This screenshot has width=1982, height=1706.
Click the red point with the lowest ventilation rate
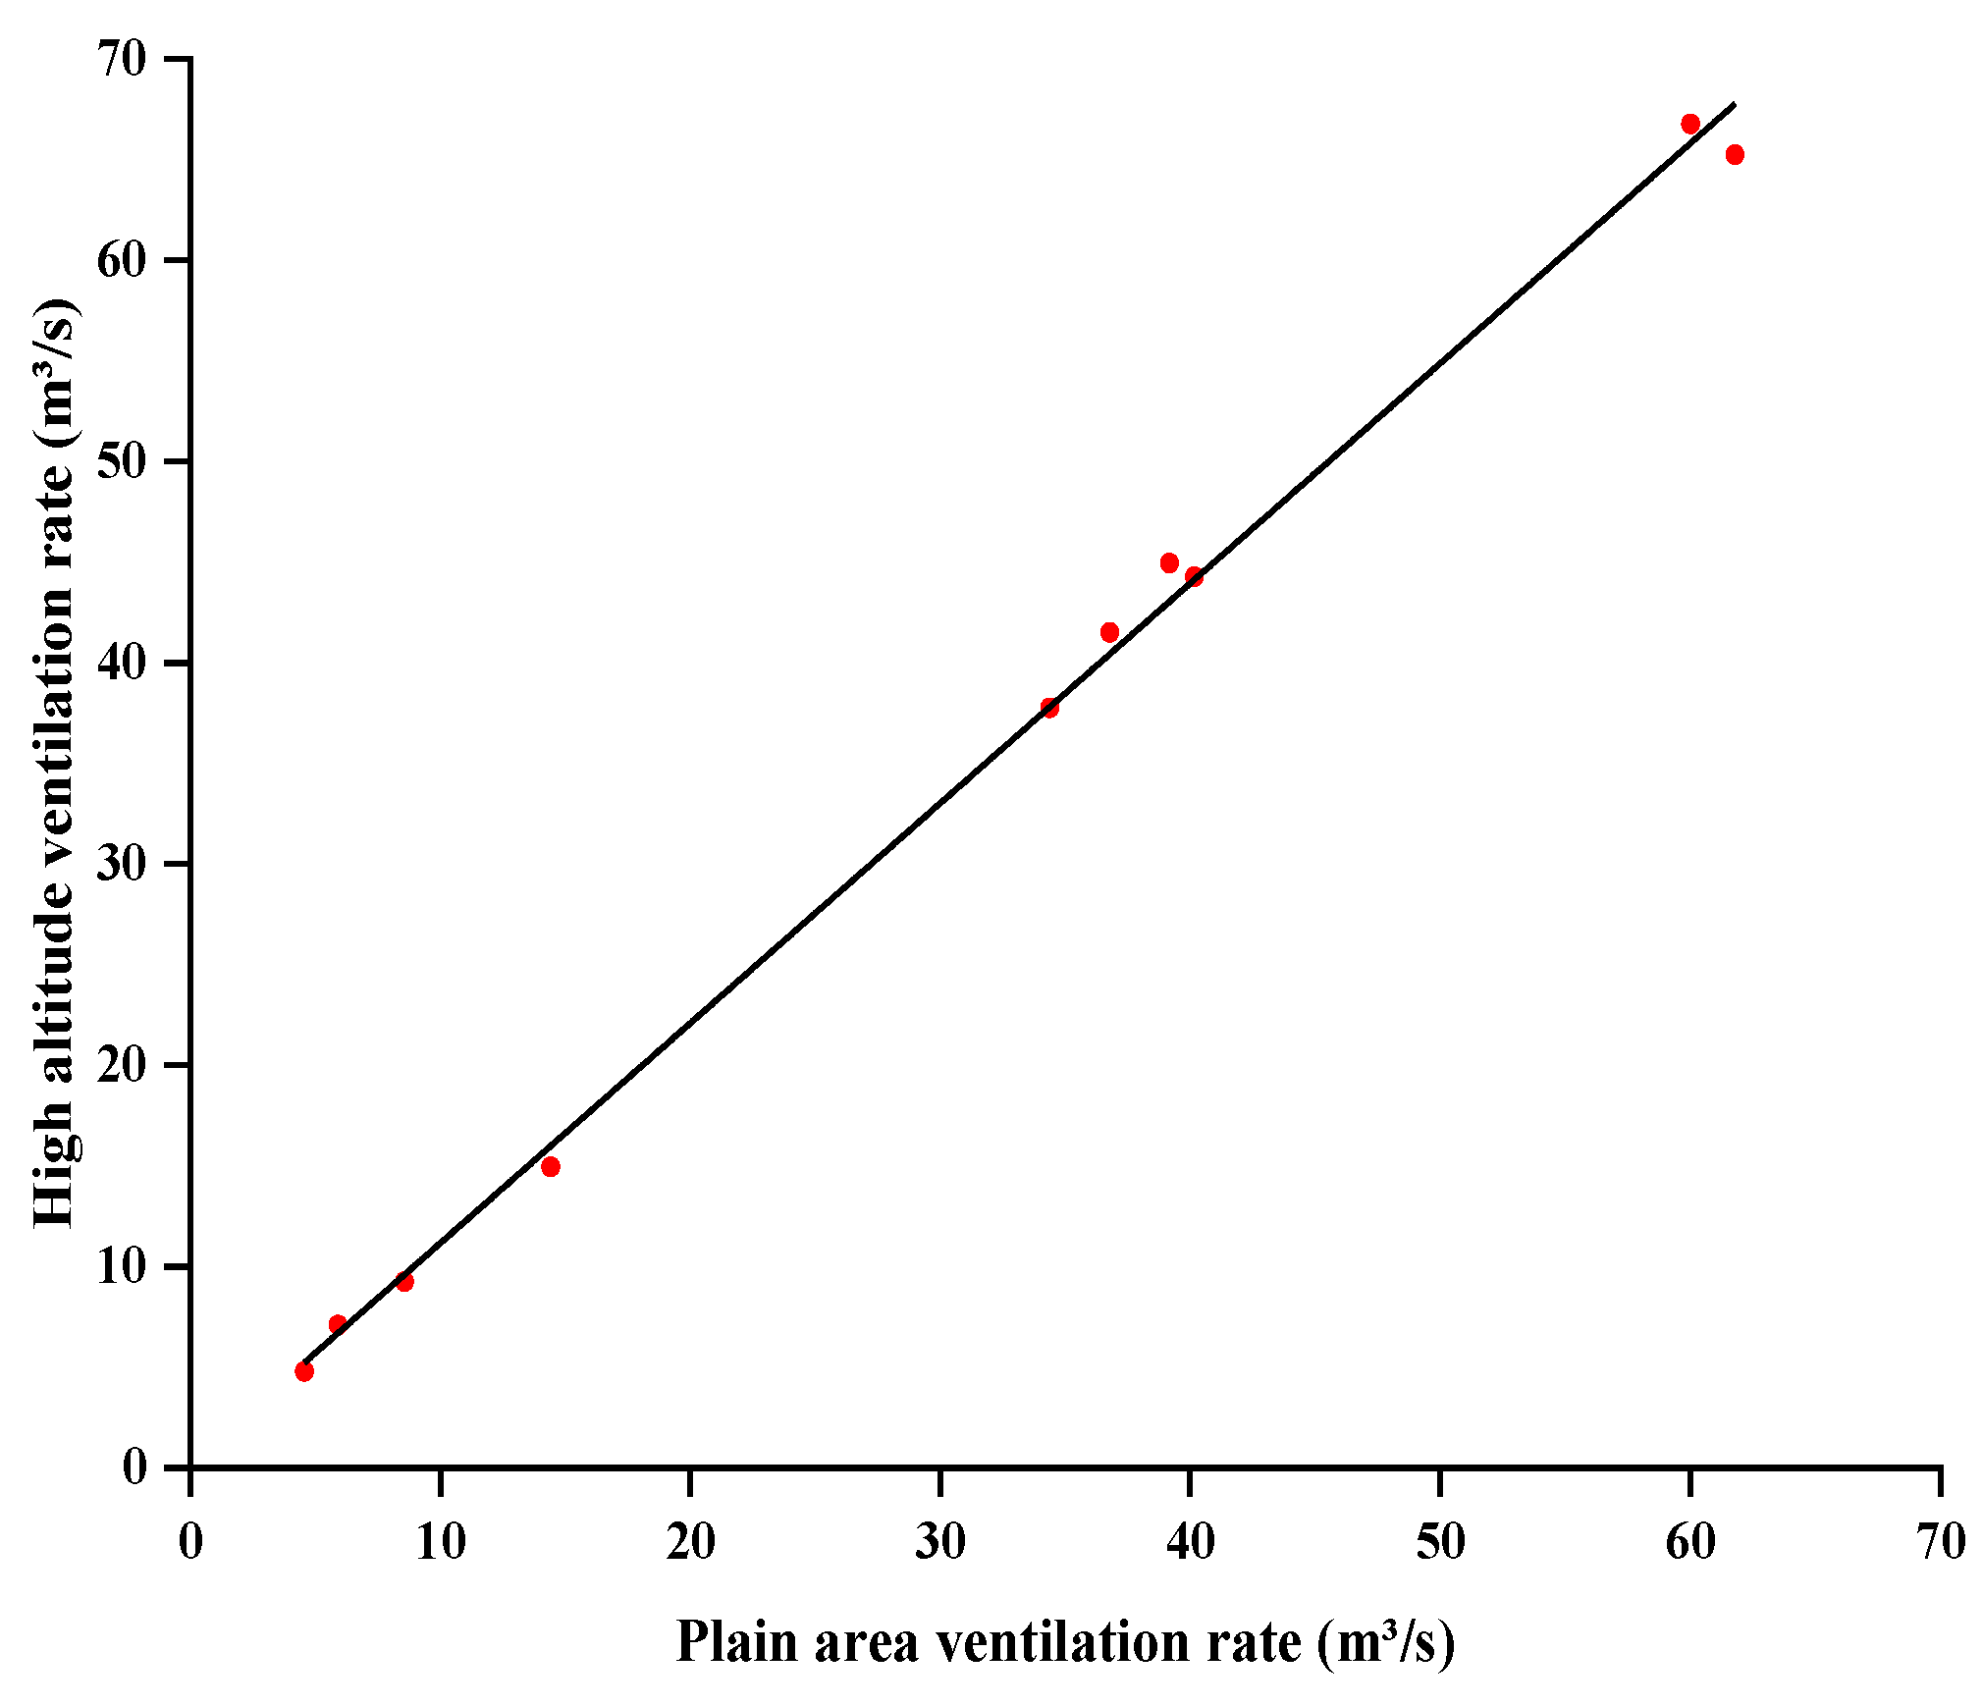pyautogui.click(x=304, y=1371)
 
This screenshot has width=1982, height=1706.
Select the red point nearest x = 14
pyautogui.click(x=551, y=1166)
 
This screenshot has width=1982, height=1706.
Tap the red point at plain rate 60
pyautogui.click(x=1690, y=124)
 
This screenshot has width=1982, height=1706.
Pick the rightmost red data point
pyautogui.click(x=1735, y=154)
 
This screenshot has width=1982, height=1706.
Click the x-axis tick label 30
pyautogui.click(x=939, y=1542)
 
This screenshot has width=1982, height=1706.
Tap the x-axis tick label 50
pyautogui.click(x=1440, y=1542)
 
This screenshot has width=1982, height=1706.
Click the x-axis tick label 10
pyautogui.click(x=440, y=1542)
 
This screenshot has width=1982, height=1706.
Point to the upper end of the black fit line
pyautogui.click(x=1735, y=103)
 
